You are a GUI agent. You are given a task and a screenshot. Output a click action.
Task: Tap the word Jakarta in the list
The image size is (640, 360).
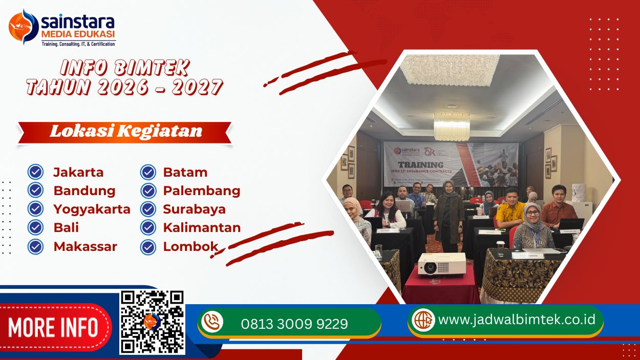[x=78, y=172]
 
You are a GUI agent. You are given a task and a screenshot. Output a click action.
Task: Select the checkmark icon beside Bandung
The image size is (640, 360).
[x=35, y=190]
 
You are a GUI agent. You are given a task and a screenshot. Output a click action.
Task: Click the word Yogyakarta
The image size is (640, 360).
[x=92, y=209]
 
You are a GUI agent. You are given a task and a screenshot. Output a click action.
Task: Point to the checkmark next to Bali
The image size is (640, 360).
[x=35, y=227]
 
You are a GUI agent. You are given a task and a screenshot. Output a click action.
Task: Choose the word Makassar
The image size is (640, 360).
[x=85, y=246]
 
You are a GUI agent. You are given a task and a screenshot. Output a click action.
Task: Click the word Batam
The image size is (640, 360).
[x=185, y=172]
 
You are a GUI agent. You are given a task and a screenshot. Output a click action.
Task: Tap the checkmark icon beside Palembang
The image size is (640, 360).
[x=148, y=190]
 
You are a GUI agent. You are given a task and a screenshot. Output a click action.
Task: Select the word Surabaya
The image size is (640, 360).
[x=194, y=209]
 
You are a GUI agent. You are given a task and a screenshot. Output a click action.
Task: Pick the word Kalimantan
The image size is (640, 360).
[x=202, y=227]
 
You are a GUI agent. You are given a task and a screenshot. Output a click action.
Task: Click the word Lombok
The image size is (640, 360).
[x=190, y=246]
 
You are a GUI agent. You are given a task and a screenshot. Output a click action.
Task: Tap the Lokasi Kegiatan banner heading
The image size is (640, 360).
[x=125, y=131]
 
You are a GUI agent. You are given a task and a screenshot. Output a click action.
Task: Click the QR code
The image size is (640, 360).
[x=152, y=322]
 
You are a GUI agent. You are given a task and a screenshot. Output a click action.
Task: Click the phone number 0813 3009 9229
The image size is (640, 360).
[x=294, y=324]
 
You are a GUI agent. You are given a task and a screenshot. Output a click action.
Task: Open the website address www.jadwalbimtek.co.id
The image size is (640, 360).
[x=517, y=320]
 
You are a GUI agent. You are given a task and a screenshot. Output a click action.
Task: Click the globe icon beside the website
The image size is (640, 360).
[x=423, y=320]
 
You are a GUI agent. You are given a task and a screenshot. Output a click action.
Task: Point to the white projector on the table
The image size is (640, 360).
[x=441, y=263]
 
